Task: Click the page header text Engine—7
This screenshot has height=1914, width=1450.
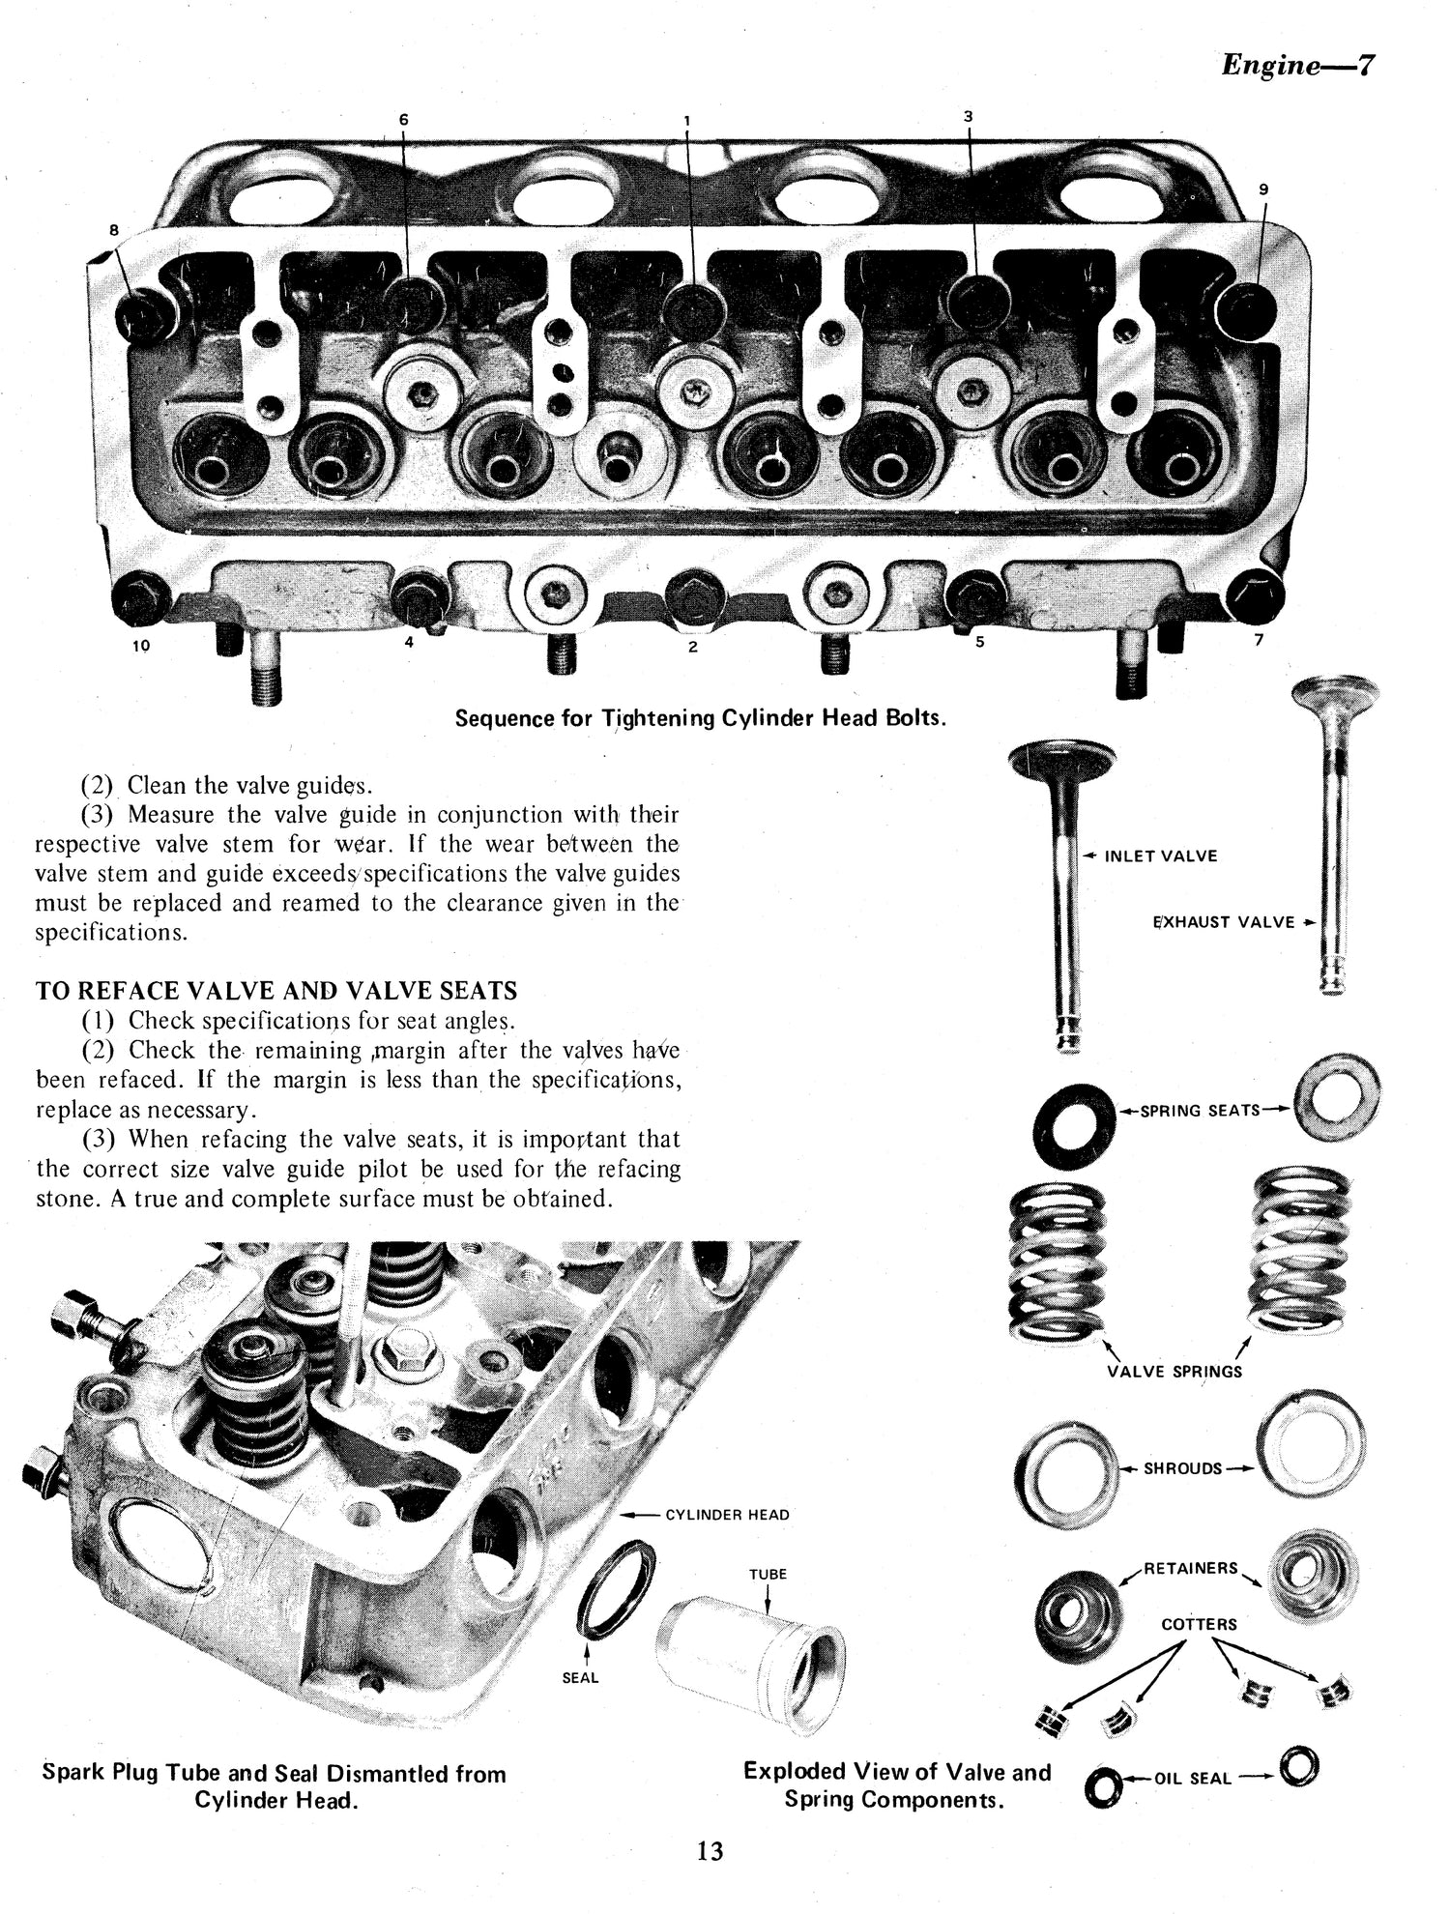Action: [x=1297, y=66]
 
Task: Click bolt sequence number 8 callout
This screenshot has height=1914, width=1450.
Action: [x=114, y=230]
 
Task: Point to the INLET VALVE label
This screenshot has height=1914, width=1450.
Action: [x=1160, y=855]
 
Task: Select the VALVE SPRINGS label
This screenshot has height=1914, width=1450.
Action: [x=1174, y=1371]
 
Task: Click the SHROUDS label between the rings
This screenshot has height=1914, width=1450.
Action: [x=1182, y=1468]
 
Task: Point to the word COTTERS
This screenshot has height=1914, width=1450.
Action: [x=1199, y=1624]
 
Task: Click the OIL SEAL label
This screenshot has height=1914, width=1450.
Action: [x=1193, y=1778]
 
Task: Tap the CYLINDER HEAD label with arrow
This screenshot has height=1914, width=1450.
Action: [x=727, y=1514]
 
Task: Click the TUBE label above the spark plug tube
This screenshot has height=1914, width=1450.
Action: [x=768, y=1574]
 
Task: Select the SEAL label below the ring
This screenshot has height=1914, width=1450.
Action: [x=580, y=1677]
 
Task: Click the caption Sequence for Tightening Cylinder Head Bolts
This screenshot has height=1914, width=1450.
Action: [x=700, y=718]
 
